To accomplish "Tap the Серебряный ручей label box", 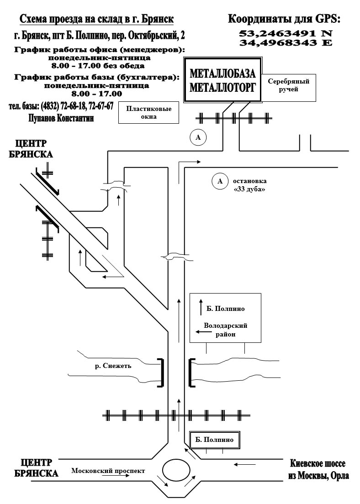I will coord(289,86).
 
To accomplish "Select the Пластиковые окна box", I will coord(148,113).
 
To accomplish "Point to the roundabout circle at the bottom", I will coord(176,470).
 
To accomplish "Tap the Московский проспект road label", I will coord(108,471).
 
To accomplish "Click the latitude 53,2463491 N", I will coord(286,33).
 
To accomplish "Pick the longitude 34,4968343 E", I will coord(286,42).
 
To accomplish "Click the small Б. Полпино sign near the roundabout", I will coord(214,440).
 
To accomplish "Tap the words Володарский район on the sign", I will coord(225,330).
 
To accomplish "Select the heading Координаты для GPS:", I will coord(284,19).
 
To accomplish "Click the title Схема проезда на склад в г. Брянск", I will coord(96,19).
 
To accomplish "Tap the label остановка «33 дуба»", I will coord(249,185).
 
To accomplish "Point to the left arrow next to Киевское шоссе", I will coord(245,465).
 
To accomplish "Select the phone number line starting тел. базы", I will coord(61,106).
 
